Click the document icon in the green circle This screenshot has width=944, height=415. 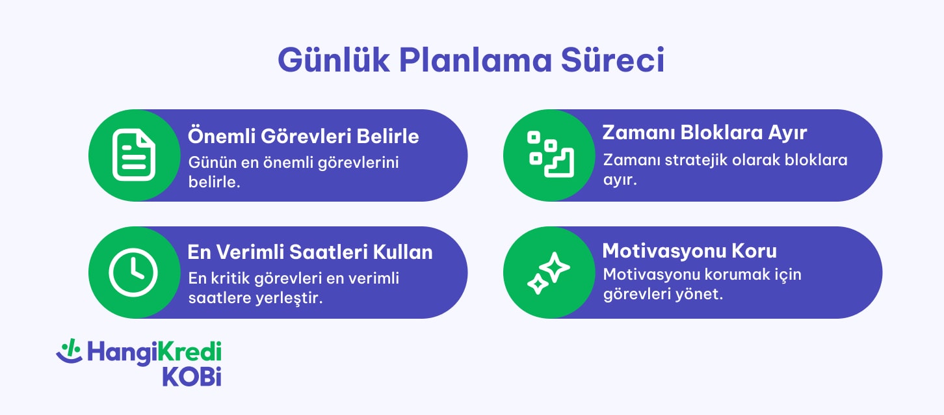pos(134,155)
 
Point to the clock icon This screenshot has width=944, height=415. pos(133,272)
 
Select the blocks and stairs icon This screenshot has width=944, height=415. pos(549,155)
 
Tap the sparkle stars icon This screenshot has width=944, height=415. pos(548,273)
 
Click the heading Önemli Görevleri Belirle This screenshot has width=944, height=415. pos(303,137)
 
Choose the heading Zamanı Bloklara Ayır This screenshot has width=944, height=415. pos(705,133)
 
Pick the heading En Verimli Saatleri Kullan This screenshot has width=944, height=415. pos(310,252)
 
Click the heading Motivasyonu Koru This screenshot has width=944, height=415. pos(690,250)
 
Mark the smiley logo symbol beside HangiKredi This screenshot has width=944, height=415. pos(68,351)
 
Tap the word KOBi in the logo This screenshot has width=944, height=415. pos(192,377)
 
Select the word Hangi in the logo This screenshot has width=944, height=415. pos(121,353)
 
